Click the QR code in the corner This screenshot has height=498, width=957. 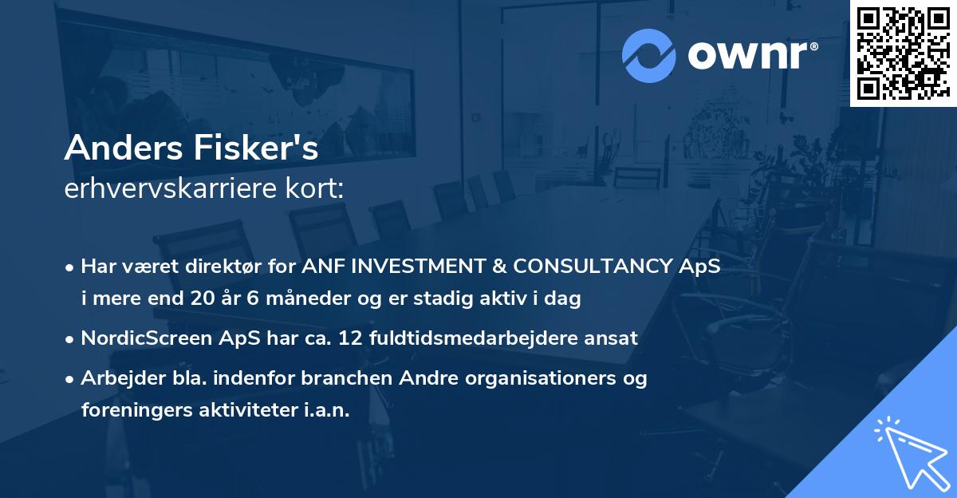[903, 53]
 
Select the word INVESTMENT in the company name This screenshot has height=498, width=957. [419, 267]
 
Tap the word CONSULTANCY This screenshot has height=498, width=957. [598, 267]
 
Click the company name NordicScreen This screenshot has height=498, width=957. [146, 338]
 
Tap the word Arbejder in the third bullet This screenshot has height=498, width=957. [116, 378]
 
